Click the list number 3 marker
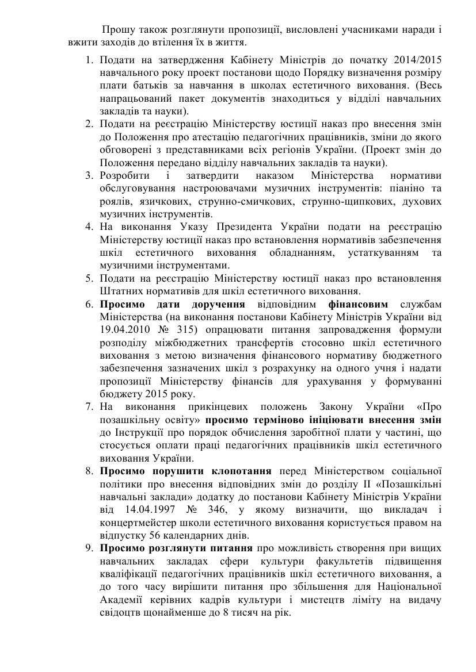click(x=89, y=175)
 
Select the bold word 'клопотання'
click(x=244, y=471)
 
